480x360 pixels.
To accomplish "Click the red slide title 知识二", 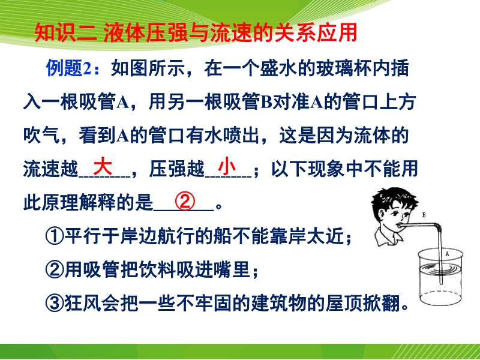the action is coord(65,32).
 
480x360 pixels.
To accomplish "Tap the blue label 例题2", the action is coord(69,68).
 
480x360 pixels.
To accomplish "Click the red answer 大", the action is coord(103,166).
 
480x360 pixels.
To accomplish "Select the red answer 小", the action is coord(227,166).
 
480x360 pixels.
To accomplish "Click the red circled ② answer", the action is coord(185,202).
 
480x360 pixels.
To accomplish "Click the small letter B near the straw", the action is coord(424,215).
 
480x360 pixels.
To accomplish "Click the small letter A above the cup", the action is coord(447,253).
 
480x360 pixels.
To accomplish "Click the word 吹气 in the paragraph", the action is coord(41,135).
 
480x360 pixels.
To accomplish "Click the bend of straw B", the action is coord(438,227).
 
